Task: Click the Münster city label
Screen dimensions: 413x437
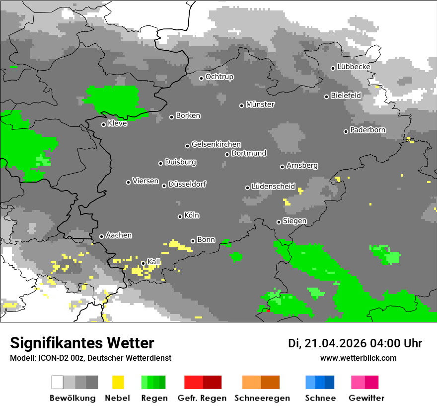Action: coord(260,104)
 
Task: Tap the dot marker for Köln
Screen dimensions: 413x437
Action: coord(180,216)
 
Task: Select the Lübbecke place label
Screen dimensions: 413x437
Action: coord(354,67)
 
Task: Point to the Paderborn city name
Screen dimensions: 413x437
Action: coord(367,130)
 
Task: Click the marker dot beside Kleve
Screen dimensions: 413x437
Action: coord(103,124)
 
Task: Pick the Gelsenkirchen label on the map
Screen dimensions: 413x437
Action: coord(216,144)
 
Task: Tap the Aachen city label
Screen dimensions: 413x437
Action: coord(119,235)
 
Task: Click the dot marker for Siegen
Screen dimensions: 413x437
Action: coord(279,222)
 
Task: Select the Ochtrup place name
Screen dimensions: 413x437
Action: coord(219,77)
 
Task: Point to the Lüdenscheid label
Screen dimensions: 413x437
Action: coord(273,187)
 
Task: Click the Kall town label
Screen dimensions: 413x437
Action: coord(153,262)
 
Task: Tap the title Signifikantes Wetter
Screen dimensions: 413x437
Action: coord(82,343)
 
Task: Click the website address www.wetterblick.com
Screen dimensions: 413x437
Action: coord(358,358)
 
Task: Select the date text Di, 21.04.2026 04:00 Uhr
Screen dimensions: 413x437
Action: coord(355,343)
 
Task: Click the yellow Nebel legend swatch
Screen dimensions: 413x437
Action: coord(118,382)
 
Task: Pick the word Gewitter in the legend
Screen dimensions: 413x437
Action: coord(366,398)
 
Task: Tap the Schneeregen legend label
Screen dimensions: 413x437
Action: coord(261,398)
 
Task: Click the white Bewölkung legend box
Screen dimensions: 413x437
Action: coord(58,382)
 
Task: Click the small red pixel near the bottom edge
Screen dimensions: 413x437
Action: coord(268,311)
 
